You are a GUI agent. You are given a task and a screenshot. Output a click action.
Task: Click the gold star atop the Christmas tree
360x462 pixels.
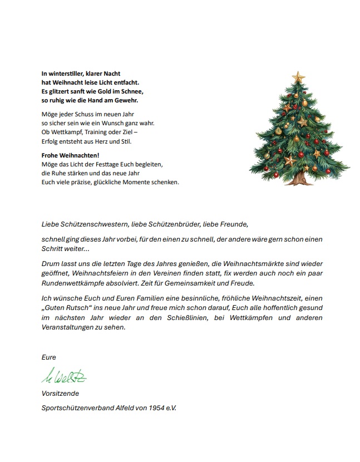tap(298, 76)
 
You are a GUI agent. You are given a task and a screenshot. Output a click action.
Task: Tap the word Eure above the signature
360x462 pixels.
tap(49, 357)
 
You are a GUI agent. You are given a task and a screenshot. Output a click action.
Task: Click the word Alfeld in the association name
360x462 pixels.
tap(120, 409)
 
